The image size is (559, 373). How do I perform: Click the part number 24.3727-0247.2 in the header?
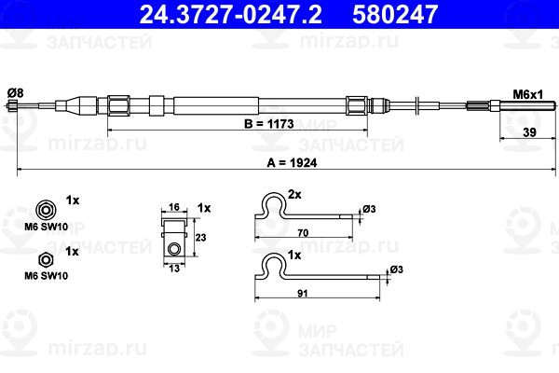230,14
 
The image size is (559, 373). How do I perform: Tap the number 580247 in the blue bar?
395,14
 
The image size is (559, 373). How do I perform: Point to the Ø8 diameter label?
15,93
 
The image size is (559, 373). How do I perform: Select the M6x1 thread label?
528,94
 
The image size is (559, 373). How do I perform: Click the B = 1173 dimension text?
269,124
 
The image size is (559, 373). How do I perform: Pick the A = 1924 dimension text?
292,163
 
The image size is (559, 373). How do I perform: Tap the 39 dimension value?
529,132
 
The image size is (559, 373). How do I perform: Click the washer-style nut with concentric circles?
46,210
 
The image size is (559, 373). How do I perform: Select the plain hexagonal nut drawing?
46,260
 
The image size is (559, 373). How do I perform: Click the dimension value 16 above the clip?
174,207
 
